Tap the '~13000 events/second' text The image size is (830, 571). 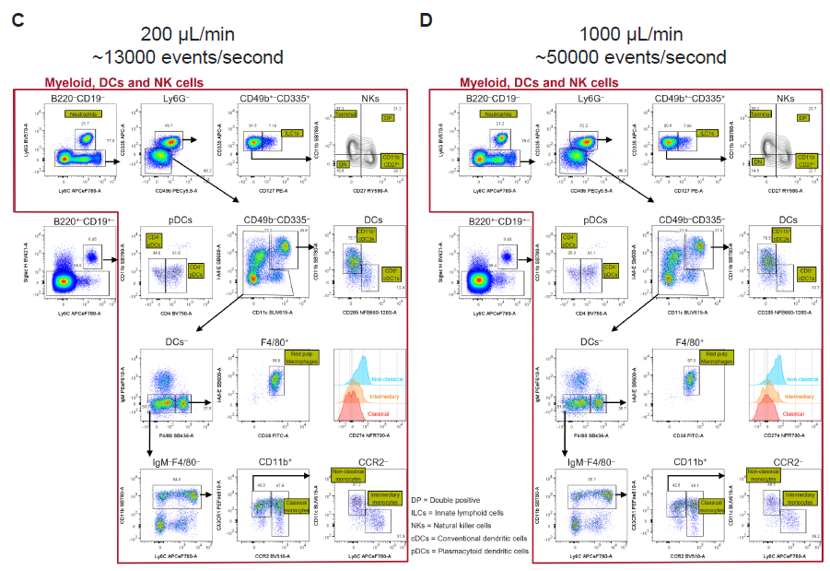click(187, 57)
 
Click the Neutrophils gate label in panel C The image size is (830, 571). click(81, 114)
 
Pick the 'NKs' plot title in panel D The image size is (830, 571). click(785, 98)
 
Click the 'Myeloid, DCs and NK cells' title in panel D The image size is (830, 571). click(541, 82)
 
